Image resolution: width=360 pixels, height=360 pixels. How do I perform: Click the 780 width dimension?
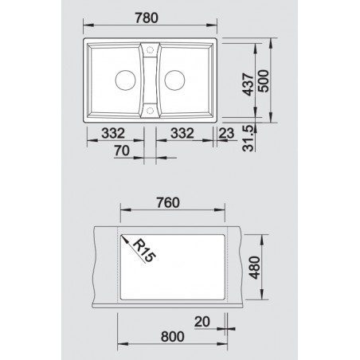pyautogui.click(x=147, y=18)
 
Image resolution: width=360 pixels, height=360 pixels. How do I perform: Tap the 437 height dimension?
pyautogui.click(x=248, y=84)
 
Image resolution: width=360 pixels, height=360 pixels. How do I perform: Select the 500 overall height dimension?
pyautogui.click(x=264, y=81)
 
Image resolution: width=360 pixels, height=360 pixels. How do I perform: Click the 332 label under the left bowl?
pyautogui.click(x=113, y=133)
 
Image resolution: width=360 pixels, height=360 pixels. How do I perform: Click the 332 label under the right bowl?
pyautogui.click(x=182, y=133)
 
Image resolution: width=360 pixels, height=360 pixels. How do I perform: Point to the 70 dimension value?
pyautogui.click(x=122, y=151)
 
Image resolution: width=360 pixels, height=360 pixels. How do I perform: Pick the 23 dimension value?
pyautogui.click(x=226, y=133)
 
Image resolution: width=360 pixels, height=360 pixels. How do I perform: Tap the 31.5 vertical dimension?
pyautogui.click(x=248, y=139)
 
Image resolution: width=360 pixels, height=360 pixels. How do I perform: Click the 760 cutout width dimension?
pyautogui.click(x=168, y=203)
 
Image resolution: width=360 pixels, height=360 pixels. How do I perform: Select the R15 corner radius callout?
pyautogui.click(x=143, y=251)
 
